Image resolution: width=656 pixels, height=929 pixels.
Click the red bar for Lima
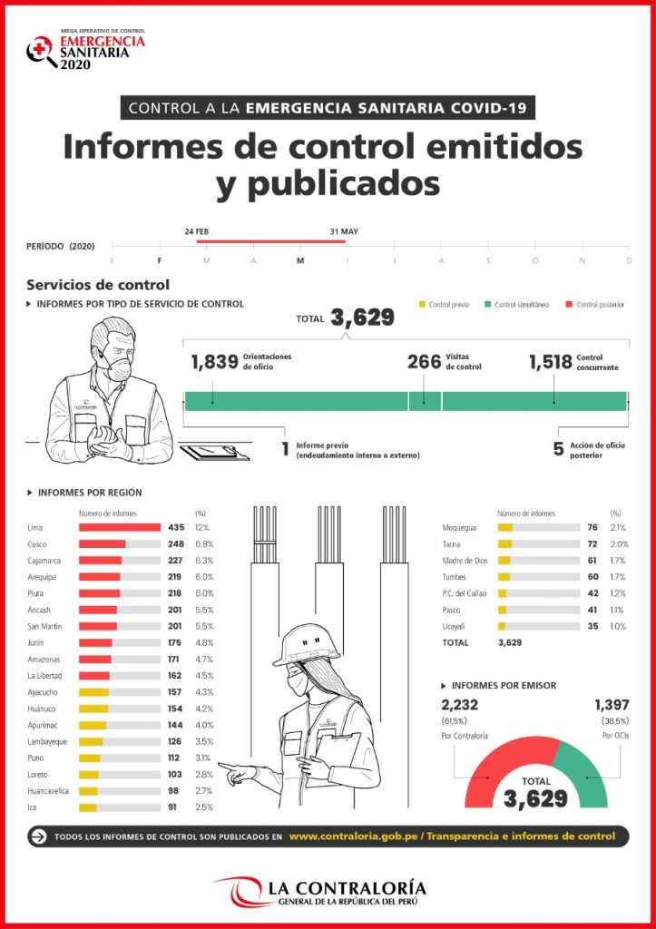120,527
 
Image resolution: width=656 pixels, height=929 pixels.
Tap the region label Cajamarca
45,560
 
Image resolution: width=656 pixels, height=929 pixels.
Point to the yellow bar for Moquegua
505,527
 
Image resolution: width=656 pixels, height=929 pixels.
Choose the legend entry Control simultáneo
521,305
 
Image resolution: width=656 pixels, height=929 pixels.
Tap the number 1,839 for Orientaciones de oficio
215,363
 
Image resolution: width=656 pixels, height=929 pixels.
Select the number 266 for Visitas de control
424,363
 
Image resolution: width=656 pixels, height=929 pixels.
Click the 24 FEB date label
198,231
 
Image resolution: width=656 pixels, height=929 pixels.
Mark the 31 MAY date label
344,231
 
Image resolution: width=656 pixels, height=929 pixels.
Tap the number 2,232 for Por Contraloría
459,705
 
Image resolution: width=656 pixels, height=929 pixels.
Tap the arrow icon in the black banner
38,836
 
